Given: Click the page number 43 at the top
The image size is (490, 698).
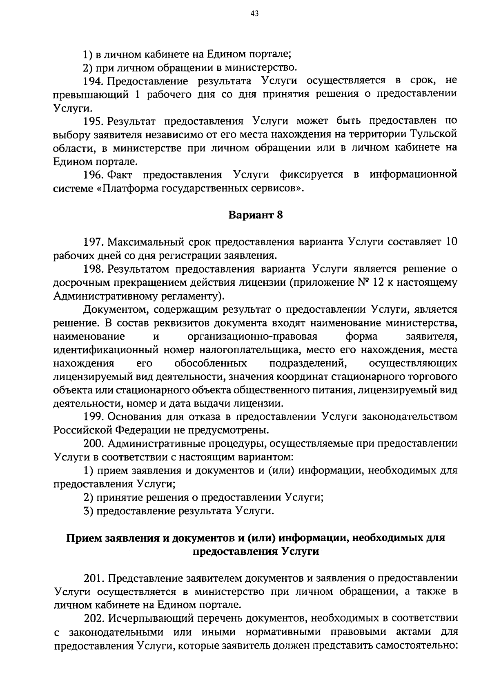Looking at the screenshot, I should coord(254,14).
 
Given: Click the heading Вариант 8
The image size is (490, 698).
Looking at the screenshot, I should coord(255,215).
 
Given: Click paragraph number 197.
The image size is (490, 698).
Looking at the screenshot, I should coord(94,242).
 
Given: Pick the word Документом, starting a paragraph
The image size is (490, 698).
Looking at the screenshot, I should coord(117,310).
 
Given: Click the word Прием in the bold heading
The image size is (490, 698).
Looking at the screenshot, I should coord(81,538).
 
